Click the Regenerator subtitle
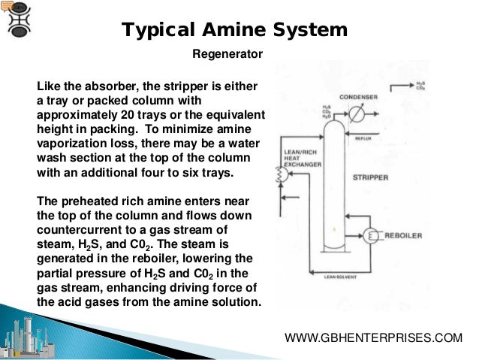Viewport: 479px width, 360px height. pyautogui.click(x=227, y=54)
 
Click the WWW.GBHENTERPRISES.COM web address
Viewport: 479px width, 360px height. pyautogui.click(x=374, y=338)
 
